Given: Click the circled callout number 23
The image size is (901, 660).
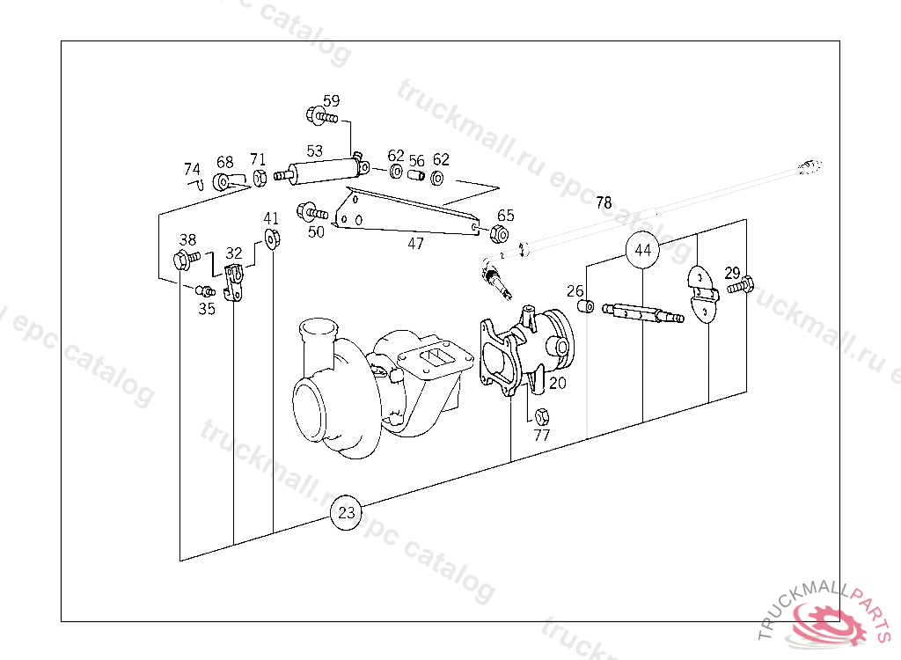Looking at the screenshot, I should tap(347, 512).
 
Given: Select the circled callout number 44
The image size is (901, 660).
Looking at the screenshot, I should tap(643, 251).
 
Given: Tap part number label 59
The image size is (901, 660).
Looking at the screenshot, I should tap(331, 100).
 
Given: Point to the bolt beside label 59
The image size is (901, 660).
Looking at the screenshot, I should tap(322, 116).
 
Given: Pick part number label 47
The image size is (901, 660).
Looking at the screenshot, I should tap(415, 244).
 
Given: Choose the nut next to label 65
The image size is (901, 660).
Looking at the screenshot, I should tap(498, 234).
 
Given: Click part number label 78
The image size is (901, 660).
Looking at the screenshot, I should tap(604, 202).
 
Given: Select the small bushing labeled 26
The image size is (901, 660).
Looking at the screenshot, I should tap(582, 306).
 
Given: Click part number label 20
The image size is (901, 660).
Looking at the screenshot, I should tap(558, 383).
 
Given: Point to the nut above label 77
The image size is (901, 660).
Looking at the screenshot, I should tap(542, 415).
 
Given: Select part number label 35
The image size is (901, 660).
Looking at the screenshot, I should tap(207, 309).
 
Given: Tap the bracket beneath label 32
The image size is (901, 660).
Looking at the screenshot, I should tap(234, 283).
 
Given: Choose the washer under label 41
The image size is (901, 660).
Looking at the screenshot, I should tap(272, 237).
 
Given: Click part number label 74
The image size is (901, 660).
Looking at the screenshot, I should tap(192, 169).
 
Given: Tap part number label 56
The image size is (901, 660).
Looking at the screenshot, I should tap(416, 161).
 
